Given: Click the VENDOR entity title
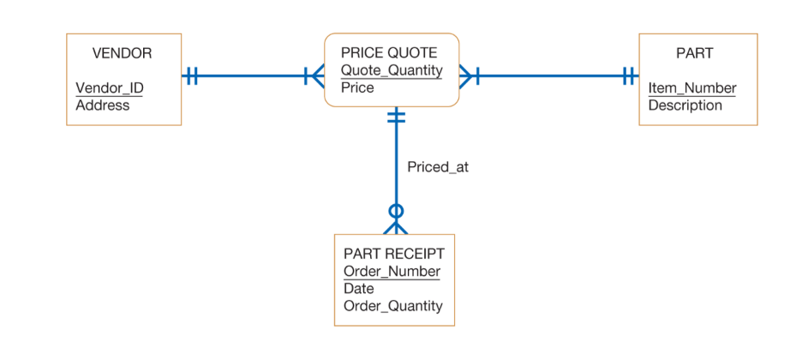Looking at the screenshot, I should click(122, 53).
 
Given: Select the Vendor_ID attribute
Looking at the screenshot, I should click(110, 88).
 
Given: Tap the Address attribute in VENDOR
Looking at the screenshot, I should click(103, 105).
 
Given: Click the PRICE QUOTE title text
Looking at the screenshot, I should click(389, 53).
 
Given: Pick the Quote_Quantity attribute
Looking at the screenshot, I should click(392, 70).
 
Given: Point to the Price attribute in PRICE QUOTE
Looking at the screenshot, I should click(357, 87).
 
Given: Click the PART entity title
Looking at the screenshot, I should click(694, 53).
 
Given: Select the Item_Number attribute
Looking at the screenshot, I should click(692, 88).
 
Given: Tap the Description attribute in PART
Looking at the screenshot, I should click(685, 105).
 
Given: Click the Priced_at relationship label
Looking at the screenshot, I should click(438, 167).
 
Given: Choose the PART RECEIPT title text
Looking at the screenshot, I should click(394, 254).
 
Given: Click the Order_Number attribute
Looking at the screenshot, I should click(392, 272).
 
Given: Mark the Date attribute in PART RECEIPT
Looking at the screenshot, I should click(359, 289).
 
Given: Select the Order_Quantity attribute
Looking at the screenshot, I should click(393, 306).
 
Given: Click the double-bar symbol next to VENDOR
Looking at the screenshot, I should click(192, 76).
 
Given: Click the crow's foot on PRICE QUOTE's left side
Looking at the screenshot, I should click(314, 76).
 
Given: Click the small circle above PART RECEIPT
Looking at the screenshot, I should click(396, 211).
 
